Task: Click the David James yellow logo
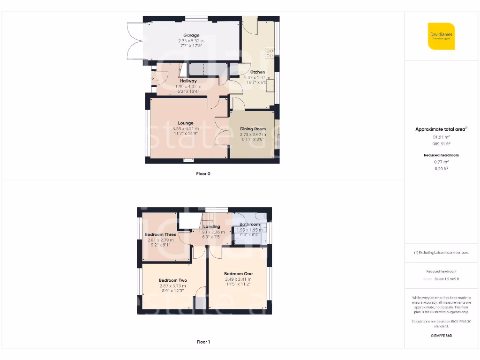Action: click(441, 36)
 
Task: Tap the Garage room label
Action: click(191, 35)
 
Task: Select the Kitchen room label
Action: click(257, 72)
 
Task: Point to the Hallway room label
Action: click(188, 81)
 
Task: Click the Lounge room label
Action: click(186, 123)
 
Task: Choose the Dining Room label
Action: click(253, 129)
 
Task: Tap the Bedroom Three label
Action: click(160, 234)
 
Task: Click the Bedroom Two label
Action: click(172, 280)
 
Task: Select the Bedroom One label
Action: click(238, 274)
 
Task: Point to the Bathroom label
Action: click(249, 225)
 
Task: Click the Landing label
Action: click(211, 227)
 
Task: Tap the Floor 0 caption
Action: click(203, 174)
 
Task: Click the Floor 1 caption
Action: click(203, 342)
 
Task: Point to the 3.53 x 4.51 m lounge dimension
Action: click(186, 128)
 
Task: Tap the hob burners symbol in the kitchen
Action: click(270, 53)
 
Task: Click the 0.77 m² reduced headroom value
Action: click(441, 162)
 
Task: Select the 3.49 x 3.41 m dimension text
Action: click(238, 279)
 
